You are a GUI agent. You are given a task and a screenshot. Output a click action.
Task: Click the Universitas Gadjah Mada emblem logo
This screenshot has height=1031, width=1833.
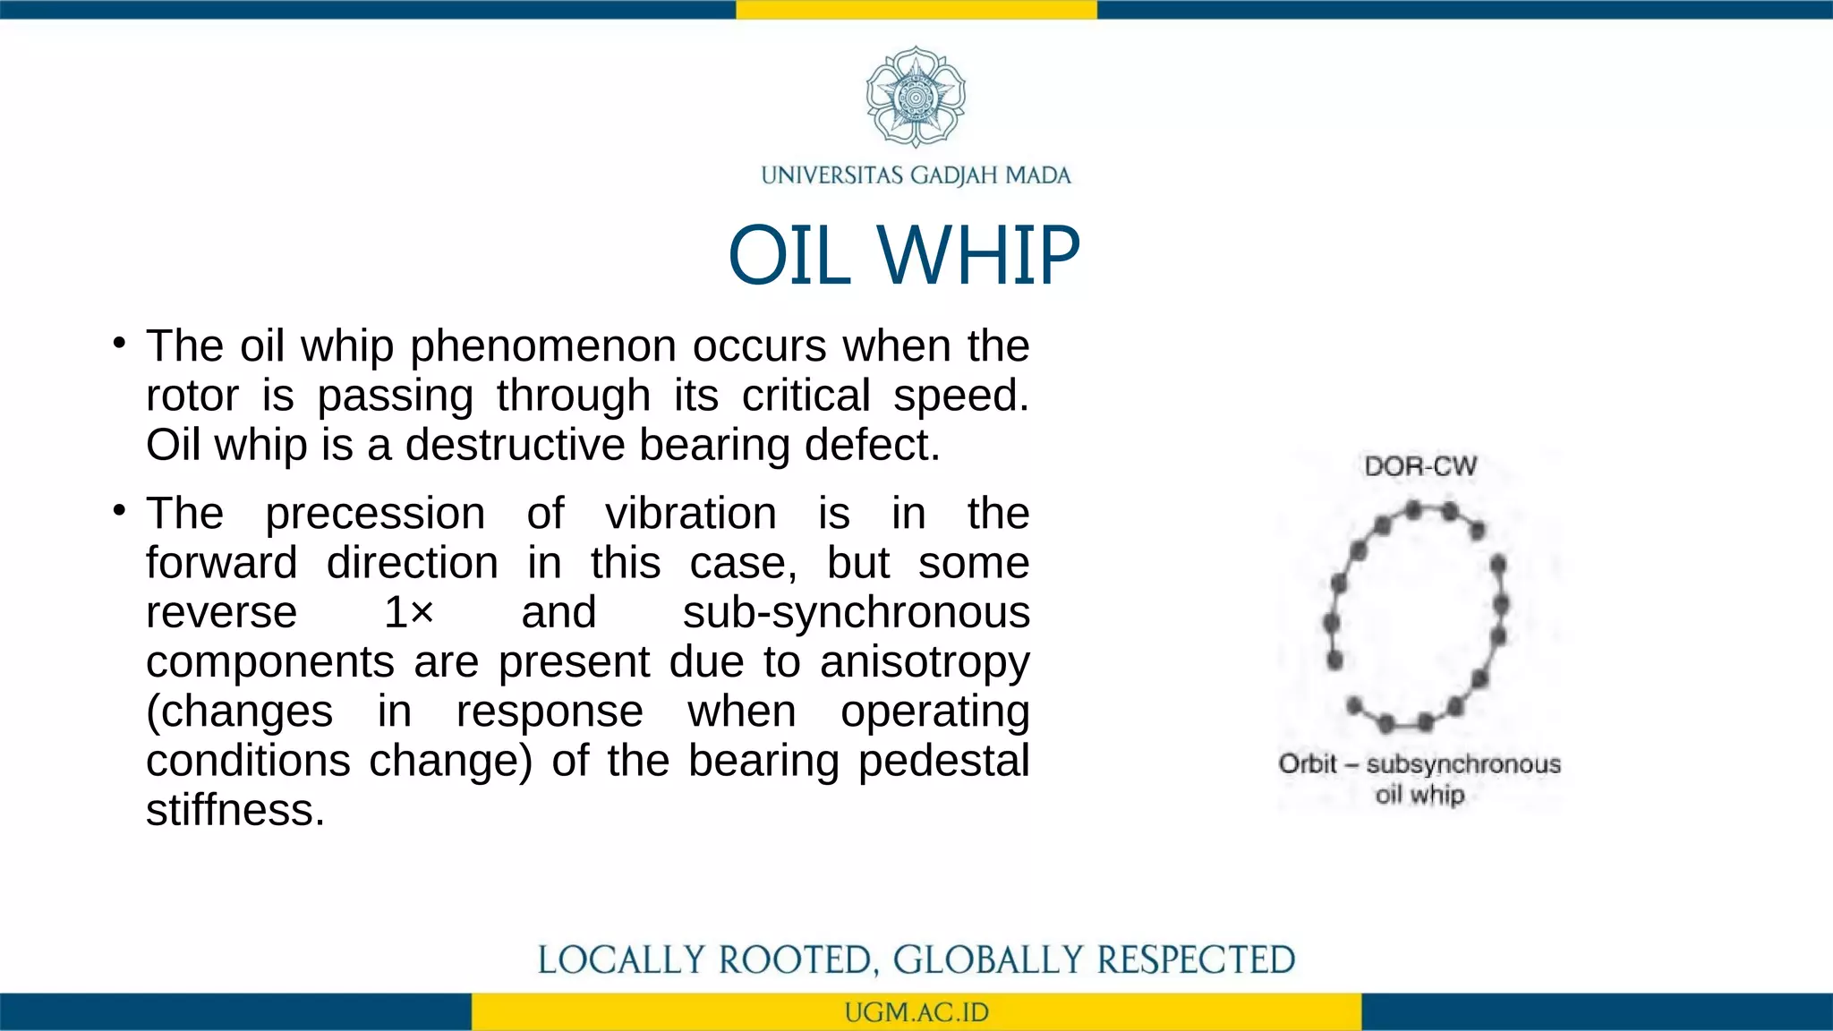(x=916, y=97)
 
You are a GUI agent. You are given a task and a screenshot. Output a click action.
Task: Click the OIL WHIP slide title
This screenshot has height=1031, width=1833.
(x=904, y=256)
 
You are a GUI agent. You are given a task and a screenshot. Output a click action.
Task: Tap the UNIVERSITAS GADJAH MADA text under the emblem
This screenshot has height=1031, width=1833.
(x=916, y=175)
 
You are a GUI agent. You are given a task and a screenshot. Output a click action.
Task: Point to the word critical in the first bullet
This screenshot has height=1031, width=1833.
(x=806, y=396)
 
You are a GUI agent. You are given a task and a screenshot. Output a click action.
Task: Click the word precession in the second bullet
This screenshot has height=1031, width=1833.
(x=375, y=515)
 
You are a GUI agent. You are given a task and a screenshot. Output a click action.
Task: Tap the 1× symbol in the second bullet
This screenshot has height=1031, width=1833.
(x=409, y=613)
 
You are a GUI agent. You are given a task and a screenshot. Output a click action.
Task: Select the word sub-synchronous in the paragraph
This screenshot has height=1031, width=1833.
(x=856, y=613)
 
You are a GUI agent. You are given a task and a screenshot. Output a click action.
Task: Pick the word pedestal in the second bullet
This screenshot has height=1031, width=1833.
(x=943, y=762)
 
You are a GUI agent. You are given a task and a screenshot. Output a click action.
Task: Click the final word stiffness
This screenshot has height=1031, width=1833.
(x=234, y=811)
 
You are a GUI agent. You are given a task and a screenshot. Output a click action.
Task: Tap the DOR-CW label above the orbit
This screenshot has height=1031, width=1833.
(x=1420, y=466)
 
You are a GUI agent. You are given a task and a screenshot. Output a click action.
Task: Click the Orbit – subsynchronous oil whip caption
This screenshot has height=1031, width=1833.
(x=1420, y=778)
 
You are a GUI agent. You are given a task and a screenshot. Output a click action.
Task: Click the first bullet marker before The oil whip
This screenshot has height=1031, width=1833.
(x=119, y=344)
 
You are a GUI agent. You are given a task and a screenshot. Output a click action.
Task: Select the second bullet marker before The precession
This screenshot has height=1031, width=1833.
(x=119, y=511)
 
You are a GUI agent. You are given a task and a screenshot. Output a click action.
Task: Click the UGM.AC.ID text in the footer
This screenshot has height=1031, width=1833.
(x=916, y=1012)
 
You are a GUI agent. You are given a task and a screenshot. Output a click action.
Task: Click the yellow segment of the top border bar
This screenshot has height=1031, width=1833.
(x=916, y=9)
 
